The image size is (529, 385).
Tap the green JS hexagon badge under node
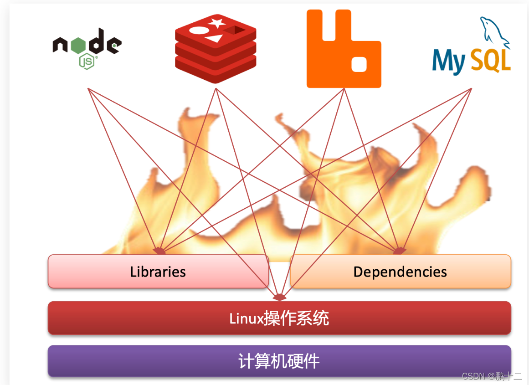(87, 61)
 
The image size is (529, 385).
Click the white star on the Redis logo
(216, 22)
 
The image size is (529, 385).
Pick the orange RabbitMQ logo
(344, 49)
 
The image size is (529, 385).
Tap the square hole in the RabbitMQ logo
(359, 64)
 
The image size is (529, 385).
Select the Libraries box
(158, 272)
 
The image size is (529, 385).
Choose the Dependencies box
(400, 272)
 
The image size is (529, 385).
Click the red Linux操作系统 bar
(279, 318)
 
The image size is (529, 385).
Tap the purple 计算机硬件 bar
(279, 361)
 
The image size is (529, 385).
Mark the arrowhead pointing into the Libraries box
(160, 251)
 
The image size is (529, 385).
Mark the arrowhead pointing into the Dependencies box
(399, 251)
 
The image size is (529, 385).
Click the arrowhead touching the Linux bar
(279, 298)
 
